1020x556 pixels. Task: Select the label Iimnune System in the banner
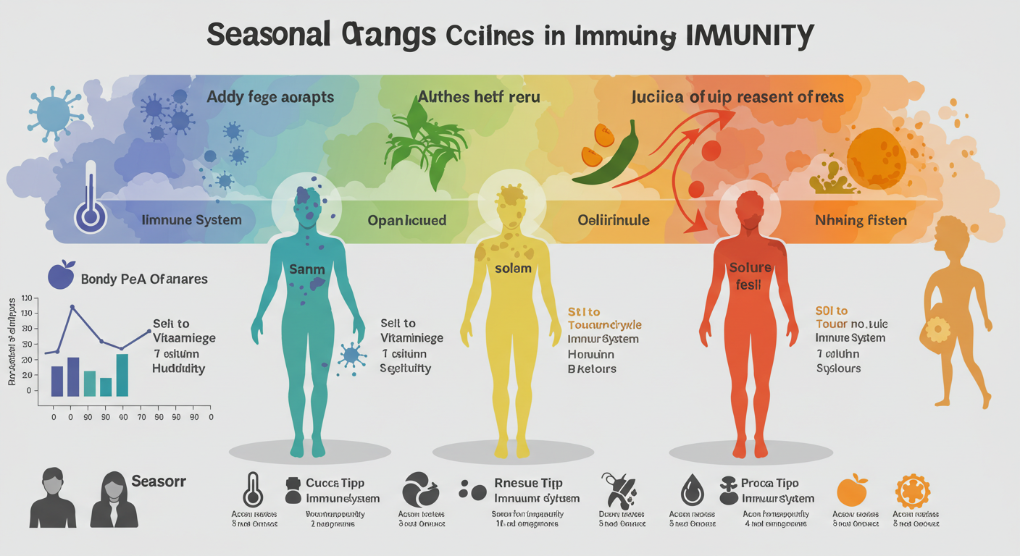pos(191,219)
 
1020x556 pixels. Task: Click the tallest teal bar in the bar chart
pos(122,374)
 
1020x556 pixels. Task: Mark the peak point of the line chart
pos(72,307)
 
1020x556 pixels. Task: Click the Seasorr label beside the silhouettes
pos(159,480)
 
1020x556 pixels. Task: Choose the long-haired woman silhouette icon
pos(114,499)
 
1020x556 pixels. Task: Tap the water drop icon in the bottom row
pos(690,490)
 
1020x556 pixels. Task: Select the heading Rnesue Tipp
pos(527,483)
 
